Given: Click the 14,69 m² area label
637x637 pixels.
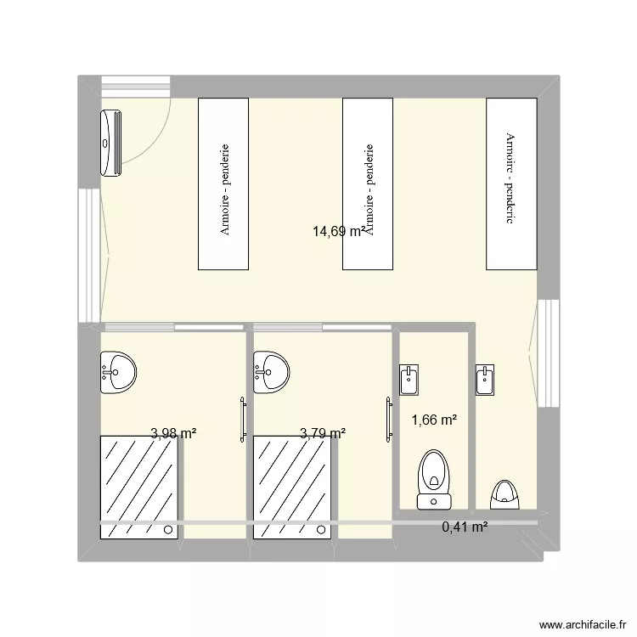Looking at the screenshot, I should (340, 230).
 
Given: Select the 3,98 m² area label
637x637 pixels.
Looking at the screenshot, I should (173, 433).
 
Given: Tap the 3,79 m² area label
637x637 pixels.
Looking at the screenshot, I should (323, 433).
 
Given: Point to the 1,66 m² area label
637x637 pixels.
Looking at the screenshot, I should (434, 420).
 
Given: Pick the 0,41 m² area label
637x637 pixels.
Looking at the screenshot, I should (465, 527).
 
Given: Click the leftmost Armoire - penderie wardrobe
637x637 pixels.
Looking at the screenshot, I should (223, 183).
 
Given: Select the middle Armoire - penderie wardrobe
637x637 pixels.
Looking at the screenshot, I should (368, 183).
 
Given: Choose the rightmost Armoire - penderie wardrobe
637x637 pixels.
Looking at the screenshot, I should (511, 183).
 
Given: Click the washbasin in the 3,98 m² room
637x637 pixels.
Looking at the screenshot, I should (118, 372).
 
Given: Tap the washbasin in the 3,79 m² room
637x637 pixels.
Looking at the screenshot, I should (271, 372).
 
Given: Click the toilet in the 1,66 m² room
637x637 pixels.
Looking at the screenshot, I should (434, 481).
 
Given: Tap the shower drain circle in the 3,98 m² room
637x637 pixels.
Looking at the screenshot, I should (170, 530).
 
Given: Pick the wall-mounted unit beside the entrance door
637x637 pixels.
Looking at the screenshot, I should (111, 143).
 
